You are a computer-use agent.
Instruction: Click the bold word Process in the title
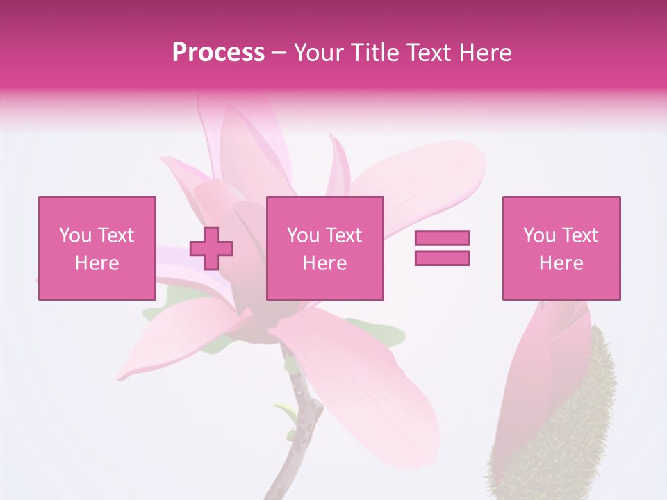218,53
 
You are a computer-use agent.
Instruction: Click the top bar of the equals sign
442,238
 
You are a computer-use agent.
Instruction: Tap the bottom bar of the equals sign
442,258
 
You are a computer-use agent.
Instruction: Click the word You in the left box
75,235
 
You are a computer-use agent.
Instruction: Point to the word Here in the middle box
325,263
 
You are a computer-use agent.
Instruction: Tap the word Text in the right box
580,235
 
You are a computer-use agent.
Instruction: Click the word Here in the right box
561,263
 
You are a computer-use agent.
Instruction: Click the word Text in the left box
115,235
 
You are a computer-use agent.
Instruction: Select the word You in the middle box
303,235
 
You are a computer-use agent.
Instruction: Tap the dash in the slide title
279,53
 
